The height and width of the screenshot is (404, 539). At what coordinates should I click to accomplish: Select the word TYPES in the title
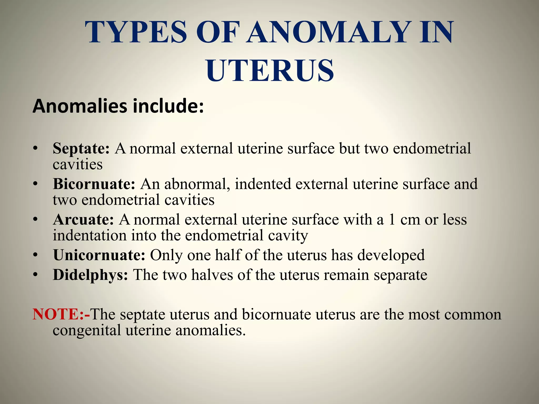click(x=136, y=32)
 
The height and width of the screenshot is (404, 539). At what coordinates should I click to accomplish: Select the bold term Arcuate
click(x=83, y=219)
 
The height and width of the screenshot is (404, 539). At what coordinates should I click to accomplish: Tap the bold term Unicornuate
click(x=99, y=255)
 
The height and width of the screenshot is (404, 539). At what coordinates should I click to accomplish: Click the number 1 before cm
click(x=392, y=219)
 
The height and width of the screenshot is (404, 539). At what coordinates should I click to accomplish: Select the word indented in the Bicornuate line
click(x=263, y=184)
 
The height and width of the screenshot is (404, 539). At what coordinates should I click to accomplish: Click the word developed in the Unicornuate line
click(x=391, y=255)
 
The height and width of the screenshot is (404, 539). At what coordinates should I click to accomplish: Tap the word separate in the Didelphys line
click(x=400, y=275)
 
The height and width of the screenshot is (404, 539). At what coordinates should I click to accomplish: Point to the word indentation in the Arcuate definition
click(x=89, y=235)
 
